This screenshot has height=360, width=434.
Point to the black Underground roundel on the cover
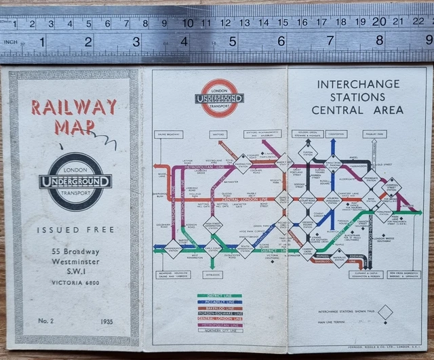coord(75,180)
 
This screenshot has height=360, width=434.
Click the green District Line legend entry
coord(219,296)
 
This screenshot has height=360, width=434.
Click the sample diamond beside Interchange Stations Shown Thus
coord(386,312)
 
